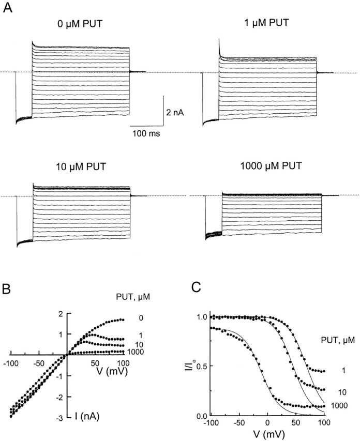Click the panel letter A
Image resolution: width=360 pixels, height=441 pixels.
[7, 8]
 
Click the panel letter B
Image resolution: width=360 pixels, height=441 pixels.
[6, 290]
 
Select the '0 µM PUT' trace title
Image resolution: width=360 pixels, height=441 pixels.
[80, 24]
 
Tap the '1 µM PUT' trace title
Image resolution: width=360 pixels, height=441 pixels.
[266, 22]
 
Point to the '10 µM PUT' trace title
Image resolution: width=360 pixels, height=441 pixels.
[81, 166]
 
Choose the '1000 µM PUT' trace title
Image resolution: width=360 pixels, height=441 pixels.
[271, 165]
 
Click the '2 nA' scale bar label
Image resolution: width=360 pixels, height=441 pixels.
[175, 113]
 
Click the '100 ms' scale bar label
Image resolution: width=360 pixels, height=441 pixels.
[146, 133]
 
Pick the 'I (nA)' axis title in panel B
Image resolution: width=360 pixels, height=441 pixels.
[87, 416]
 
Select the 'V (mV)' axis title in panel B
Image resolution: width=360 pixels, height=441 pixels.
[112, 372]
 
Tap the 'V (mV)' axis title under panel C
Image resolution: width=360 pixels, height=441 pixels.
[268, 433]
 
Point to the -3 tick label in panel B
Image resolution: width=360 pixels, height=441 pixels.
[59, 418]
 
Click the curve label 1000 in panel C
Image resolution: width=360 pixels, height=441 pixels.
[339, 405]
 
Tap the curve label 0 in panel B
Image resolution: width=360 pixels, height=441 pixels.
[141, 318]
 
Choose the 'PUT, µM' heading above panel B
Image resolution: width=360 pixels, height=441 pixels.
[133, 297]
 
